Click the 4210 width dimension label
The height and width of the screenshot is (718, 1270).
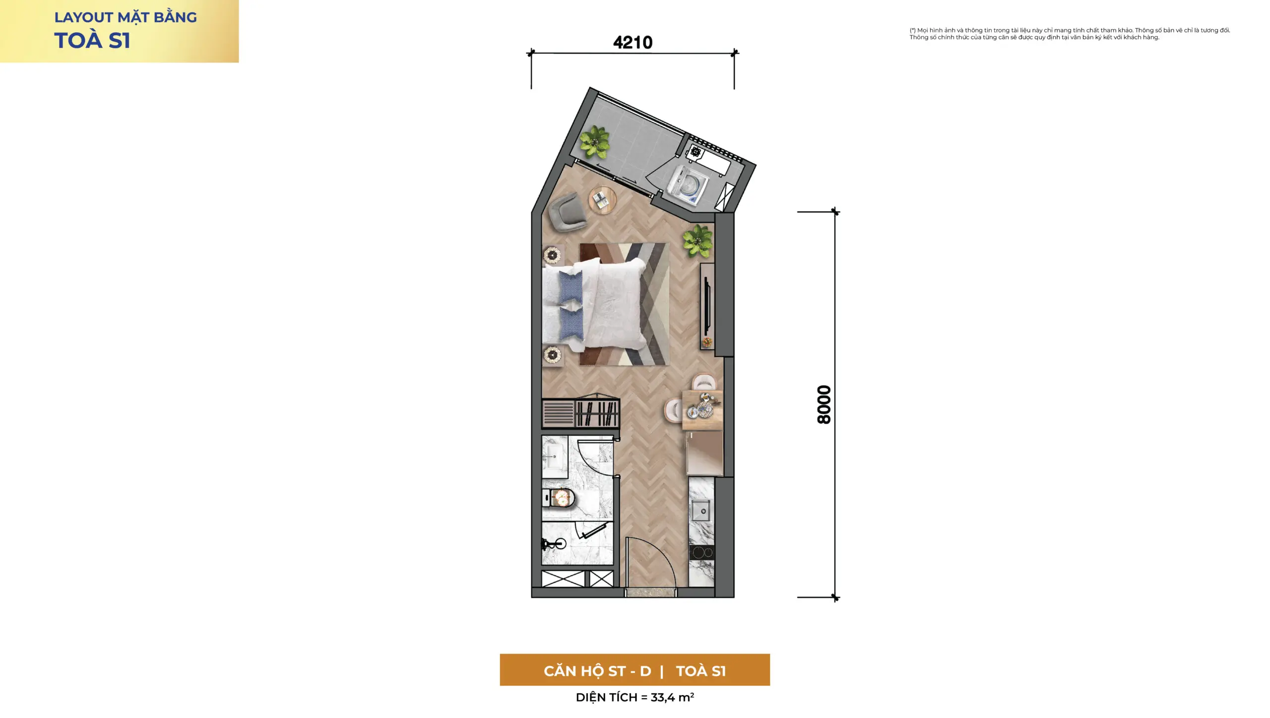(633, 42)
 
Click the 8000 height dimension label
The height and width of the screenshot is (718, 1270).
(824, 404)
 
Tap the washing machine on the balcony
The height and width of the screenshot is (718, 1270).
(687, 186)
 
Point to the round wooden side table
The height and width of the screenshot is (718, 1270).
(603, 200)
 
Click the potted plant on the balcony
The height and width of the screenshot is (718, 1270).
(594, 142)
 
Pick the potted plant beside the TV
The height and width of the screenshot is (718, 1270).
(698, 241)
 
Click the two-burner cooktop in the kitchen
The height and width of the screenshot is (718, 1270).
(701, 552)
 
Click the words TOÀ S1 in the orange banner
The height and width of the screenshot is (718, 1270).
(700, 671)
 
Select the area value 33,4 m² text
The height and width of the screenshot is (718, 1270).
(672, 697)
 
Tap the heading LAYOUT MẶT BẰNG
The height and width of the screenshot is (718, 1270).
(126, 17)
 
